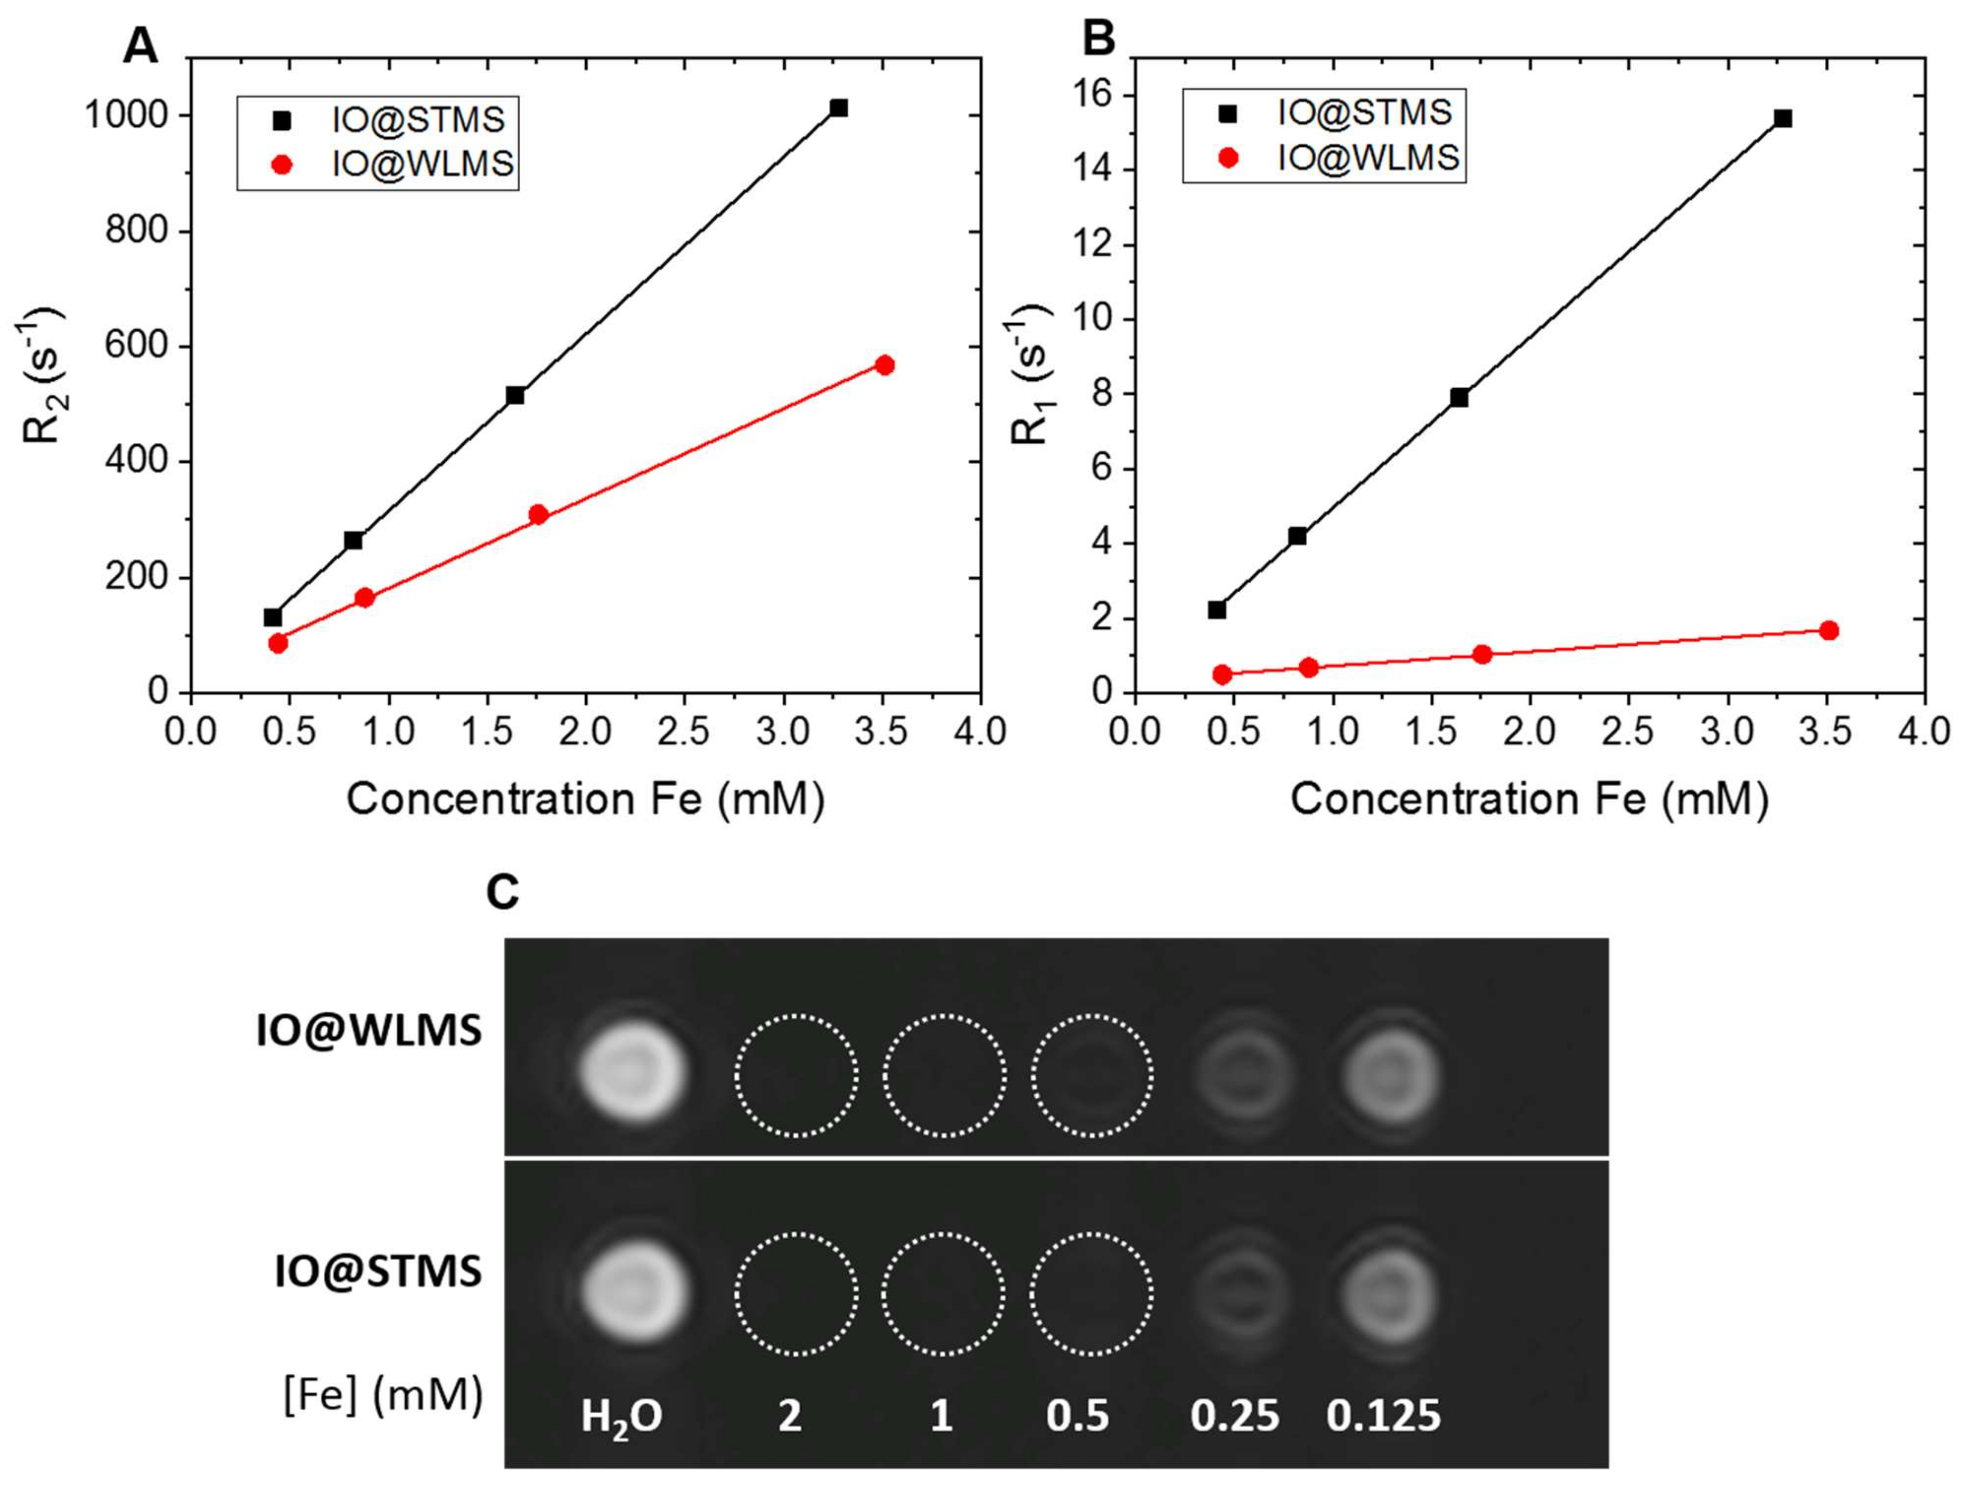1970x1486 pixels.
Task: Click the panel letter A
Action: click(140, 45)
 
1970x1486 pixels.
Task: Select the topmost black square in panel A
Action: click(838, 108)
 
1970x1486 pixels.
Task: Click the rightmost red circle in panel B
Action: click(1829, 630)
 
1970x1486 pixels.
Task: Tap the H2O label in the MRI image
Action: click(621, 1416)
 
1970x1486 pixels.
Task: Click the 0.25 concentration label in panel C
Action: click(1234, 1416)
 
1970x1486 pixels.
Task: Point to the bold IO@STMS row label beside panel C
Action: click(378, 1271)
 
